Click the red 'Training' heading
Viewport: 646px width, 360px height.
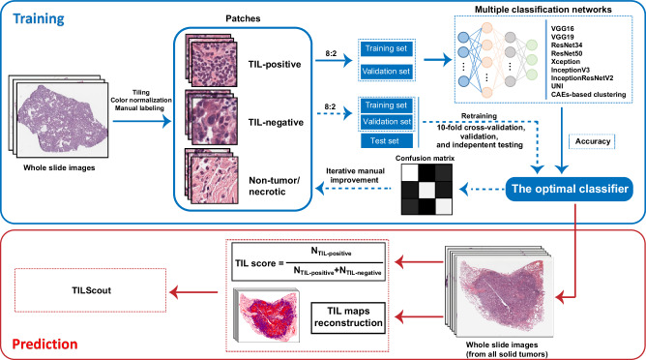coord(45,17)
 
